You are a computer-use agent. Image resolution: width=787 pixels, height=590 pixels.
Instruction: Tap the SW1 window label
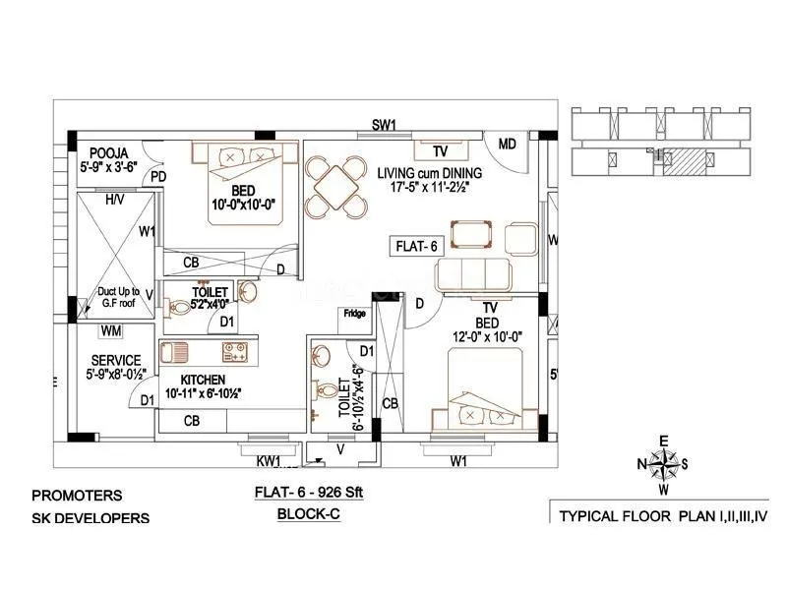pyautogui.click(x=383, y=125)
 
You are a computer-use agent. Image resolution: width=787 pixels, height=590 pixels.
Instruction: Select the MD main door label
pyautogui.click(x=507, y=144)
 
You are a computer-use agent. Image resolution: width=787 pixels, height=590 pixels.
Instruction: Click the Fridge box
pyautogui.click(x=353, y=315)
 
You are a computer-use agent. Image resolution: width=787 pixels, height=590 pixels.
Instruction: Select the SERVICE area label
pyautogui.click(x=115, y=360)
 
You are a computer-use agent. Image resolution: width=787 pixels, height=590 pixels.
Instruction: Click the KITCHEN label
pyautogui.click(x=202, y=380)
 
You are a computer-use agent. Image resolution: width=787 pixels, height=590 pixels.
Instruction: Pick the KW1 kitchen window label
pyautogui.click(x=269, y=460)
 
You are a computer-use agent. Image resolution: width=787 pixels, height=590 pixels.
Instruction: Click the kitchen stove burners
pyautogui.click(x=234, y=350)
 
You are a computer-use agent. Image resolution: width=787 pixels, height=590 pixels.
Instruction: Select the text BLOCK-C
pyautogui.click(x=308, y=513)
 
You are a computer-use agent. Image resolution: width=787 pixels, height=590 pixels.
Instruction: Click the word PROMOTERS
pyautogui.click(x=77, y=496)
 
